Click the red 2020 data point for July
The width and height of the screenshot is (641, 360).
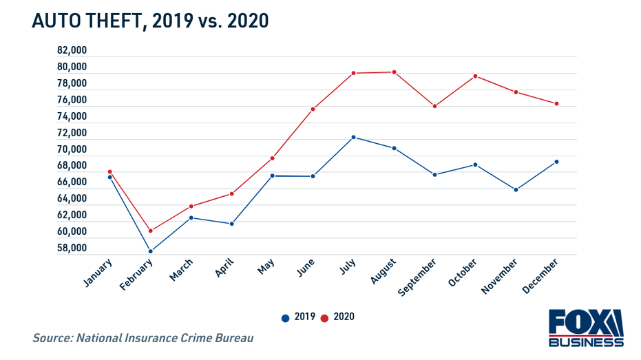[353, 73]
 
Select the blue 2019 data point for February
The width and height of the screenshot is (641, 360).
[150, 251]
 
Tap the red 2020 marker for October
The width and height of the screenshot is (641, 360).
[475, 76]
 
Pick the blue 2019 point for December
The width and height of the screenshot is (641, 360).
[556, 162]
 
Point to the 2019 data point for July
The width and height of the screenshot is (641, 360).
[353, 137]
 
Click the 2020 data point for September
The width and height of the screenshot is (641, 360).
[434, 106]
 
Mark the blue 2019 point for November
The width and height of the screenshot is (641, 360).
[516, 190]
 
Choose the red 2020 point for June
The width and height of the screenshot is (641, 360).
[313, 109]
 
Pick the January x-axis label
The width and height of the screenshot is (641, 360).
[97, 273]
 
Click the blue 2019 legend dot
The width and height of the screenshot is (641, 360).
[285, 317]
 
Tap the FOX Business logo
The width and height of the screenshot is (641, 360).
[585, 328]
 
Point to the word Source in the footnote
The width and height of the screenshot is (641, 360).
[54, 338]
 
